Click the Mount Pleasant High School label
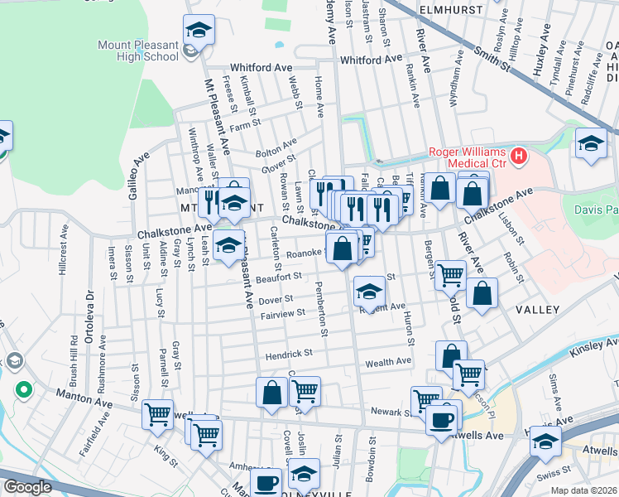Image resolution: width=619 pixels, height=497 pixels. coord(137,51)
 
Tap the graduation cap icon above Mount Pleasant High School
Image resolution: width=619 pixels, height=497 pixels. coord(199,31)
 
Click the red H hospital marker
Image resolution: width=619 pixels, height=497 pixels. coord(519,155)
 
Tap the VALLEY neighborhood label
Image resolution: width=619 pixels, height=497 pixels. coord(537,309)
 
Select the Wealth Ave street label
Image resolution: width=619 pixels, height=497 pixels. coord(388,361)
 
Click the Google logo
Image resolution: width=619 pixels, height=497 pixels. coord(27,486)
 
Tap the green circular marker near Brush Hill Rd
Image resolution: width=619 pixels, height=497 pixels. coord(24,388)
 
